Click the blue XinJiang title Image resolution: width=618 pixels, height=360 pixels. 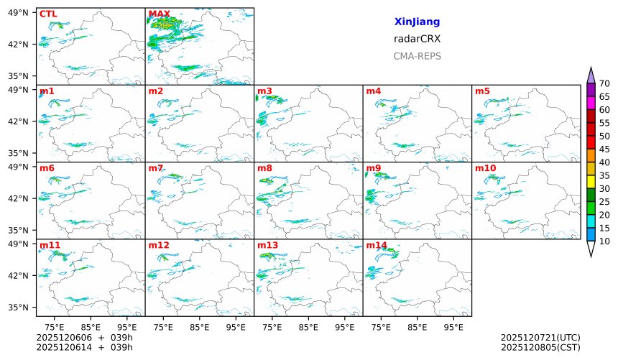(x=417, y=22)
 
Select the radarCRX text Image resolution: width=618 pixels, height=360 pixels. (x=417, y=39)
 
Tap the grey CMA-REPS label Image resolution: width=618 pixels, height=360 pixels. (x=417, y=56)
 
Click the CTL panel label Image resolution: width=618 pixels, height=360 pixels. (x=47, y=14)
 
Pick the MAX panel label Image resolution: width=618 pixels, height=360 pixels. (x=160, y=14)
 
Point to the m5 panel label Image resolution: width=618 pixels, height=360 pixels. (x=482, y=91)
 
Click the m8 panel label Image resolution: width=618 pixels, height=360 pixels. (x=264, y=168)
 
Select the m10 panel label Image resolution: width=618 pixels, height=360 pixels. (x=485, y=168)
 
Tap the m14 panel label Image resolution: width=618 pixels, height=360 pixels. (x=376, y=245)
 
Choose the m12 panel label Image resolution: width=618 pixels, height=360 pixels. (x=159, y=245)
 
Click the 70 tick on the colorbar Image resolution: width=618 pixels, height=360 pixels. (x=604, y=83)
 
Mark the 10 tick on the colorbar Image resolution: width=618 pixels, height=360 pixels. (x=604, y=241)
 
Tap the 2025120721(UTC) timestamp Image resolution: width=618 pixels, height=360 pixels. (x=540, y=338)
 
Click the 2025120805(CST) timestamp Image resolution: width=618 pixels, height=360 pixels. (x=540, y=348)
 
